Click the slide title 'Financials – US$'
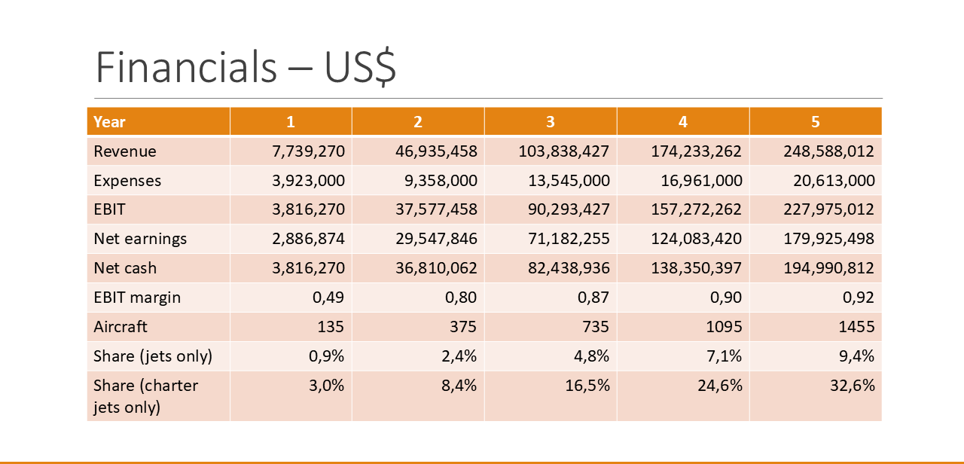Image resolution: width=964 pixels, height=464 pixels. (246, 69)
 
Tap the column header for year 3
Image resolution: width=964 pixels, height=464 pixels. (551, 122)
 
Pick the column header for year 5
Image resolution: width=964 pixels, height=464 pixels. (816, 122)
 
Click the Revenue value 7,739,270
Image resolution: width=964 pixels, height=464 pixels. (308, 151)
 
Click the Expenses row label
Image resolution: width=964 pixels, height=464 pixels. (127, 181)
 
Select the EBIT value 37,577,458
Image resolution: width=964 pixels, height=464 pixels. (436, 209)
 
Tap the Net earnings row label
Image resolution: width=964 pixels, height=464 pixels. (140, 239)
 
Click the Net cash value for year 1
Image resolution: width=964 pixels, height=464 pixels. (308, 268)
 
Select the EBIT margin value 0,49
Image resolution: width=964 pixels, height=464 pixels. (328, 298)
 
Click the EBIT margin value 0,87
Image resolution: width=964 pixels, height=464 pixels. (593, 298)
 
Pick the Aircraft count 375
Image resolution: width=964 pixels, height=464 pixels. (463, 327)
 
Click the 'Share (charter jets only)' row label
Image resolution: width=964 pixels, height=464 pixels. (145, 396)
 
